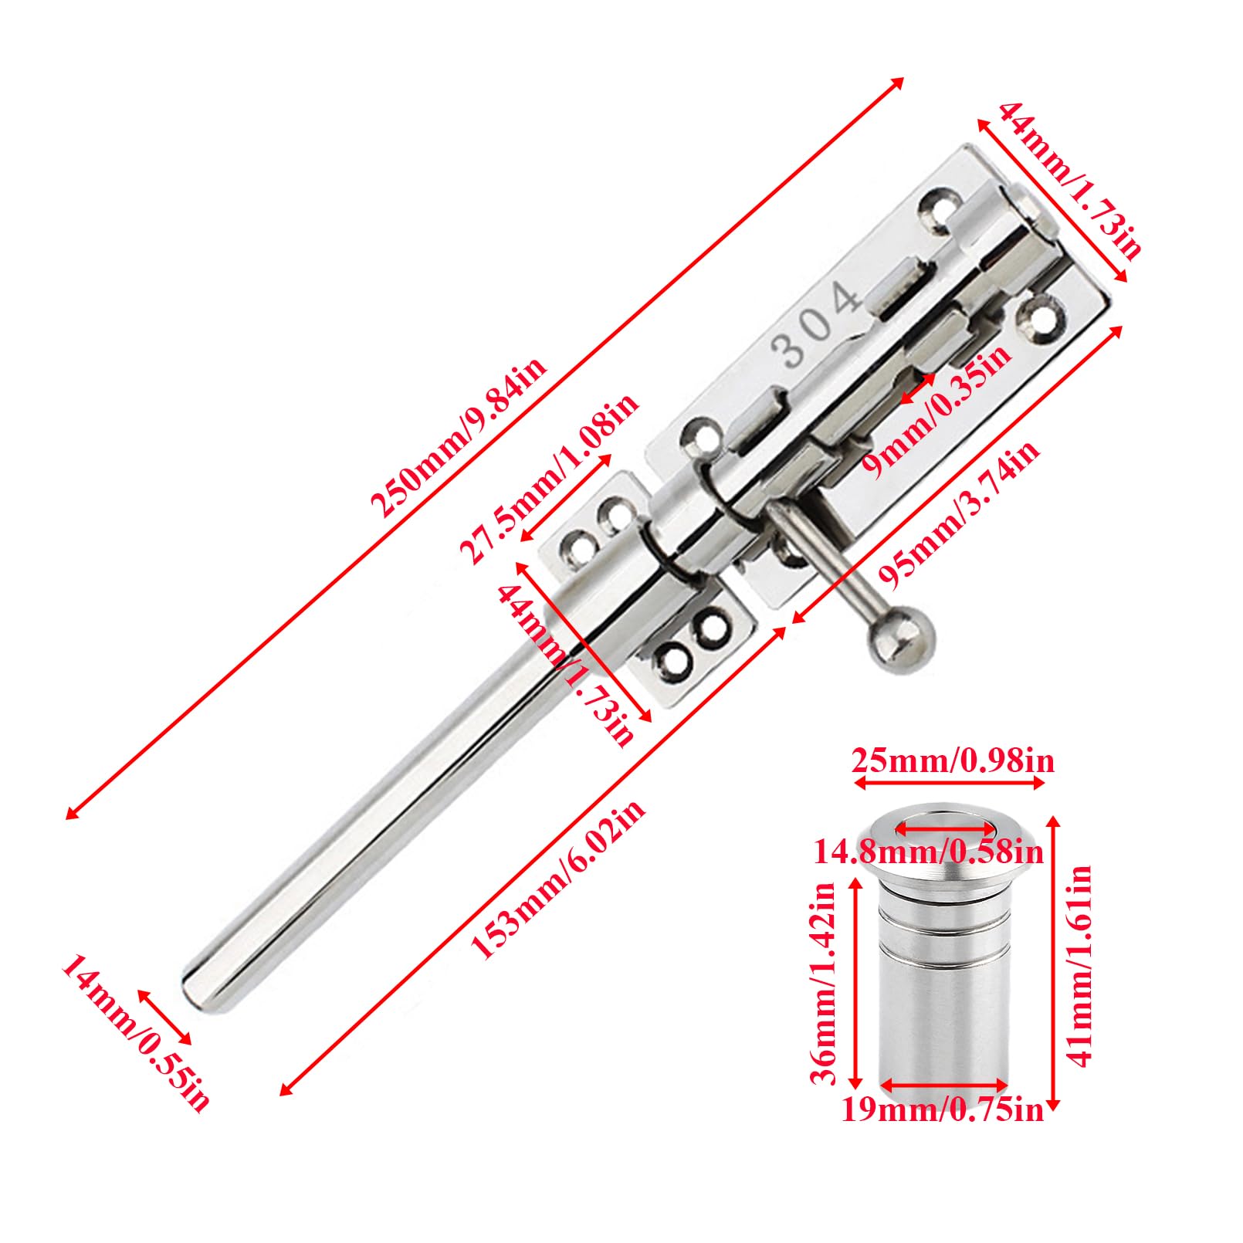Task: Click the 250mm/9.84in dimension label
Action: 459,438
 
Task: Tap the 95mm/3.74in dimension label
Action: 958,510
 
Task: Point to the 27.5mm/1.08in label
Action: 548,479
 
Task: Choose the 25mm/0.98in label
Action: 953,761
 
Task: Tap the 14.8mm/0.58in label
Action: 929,852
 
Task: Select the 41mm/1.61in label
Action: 1080,966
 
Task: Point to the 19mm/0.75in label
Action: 942,1110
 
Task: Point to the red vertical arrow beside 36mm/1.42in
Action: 855,984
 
